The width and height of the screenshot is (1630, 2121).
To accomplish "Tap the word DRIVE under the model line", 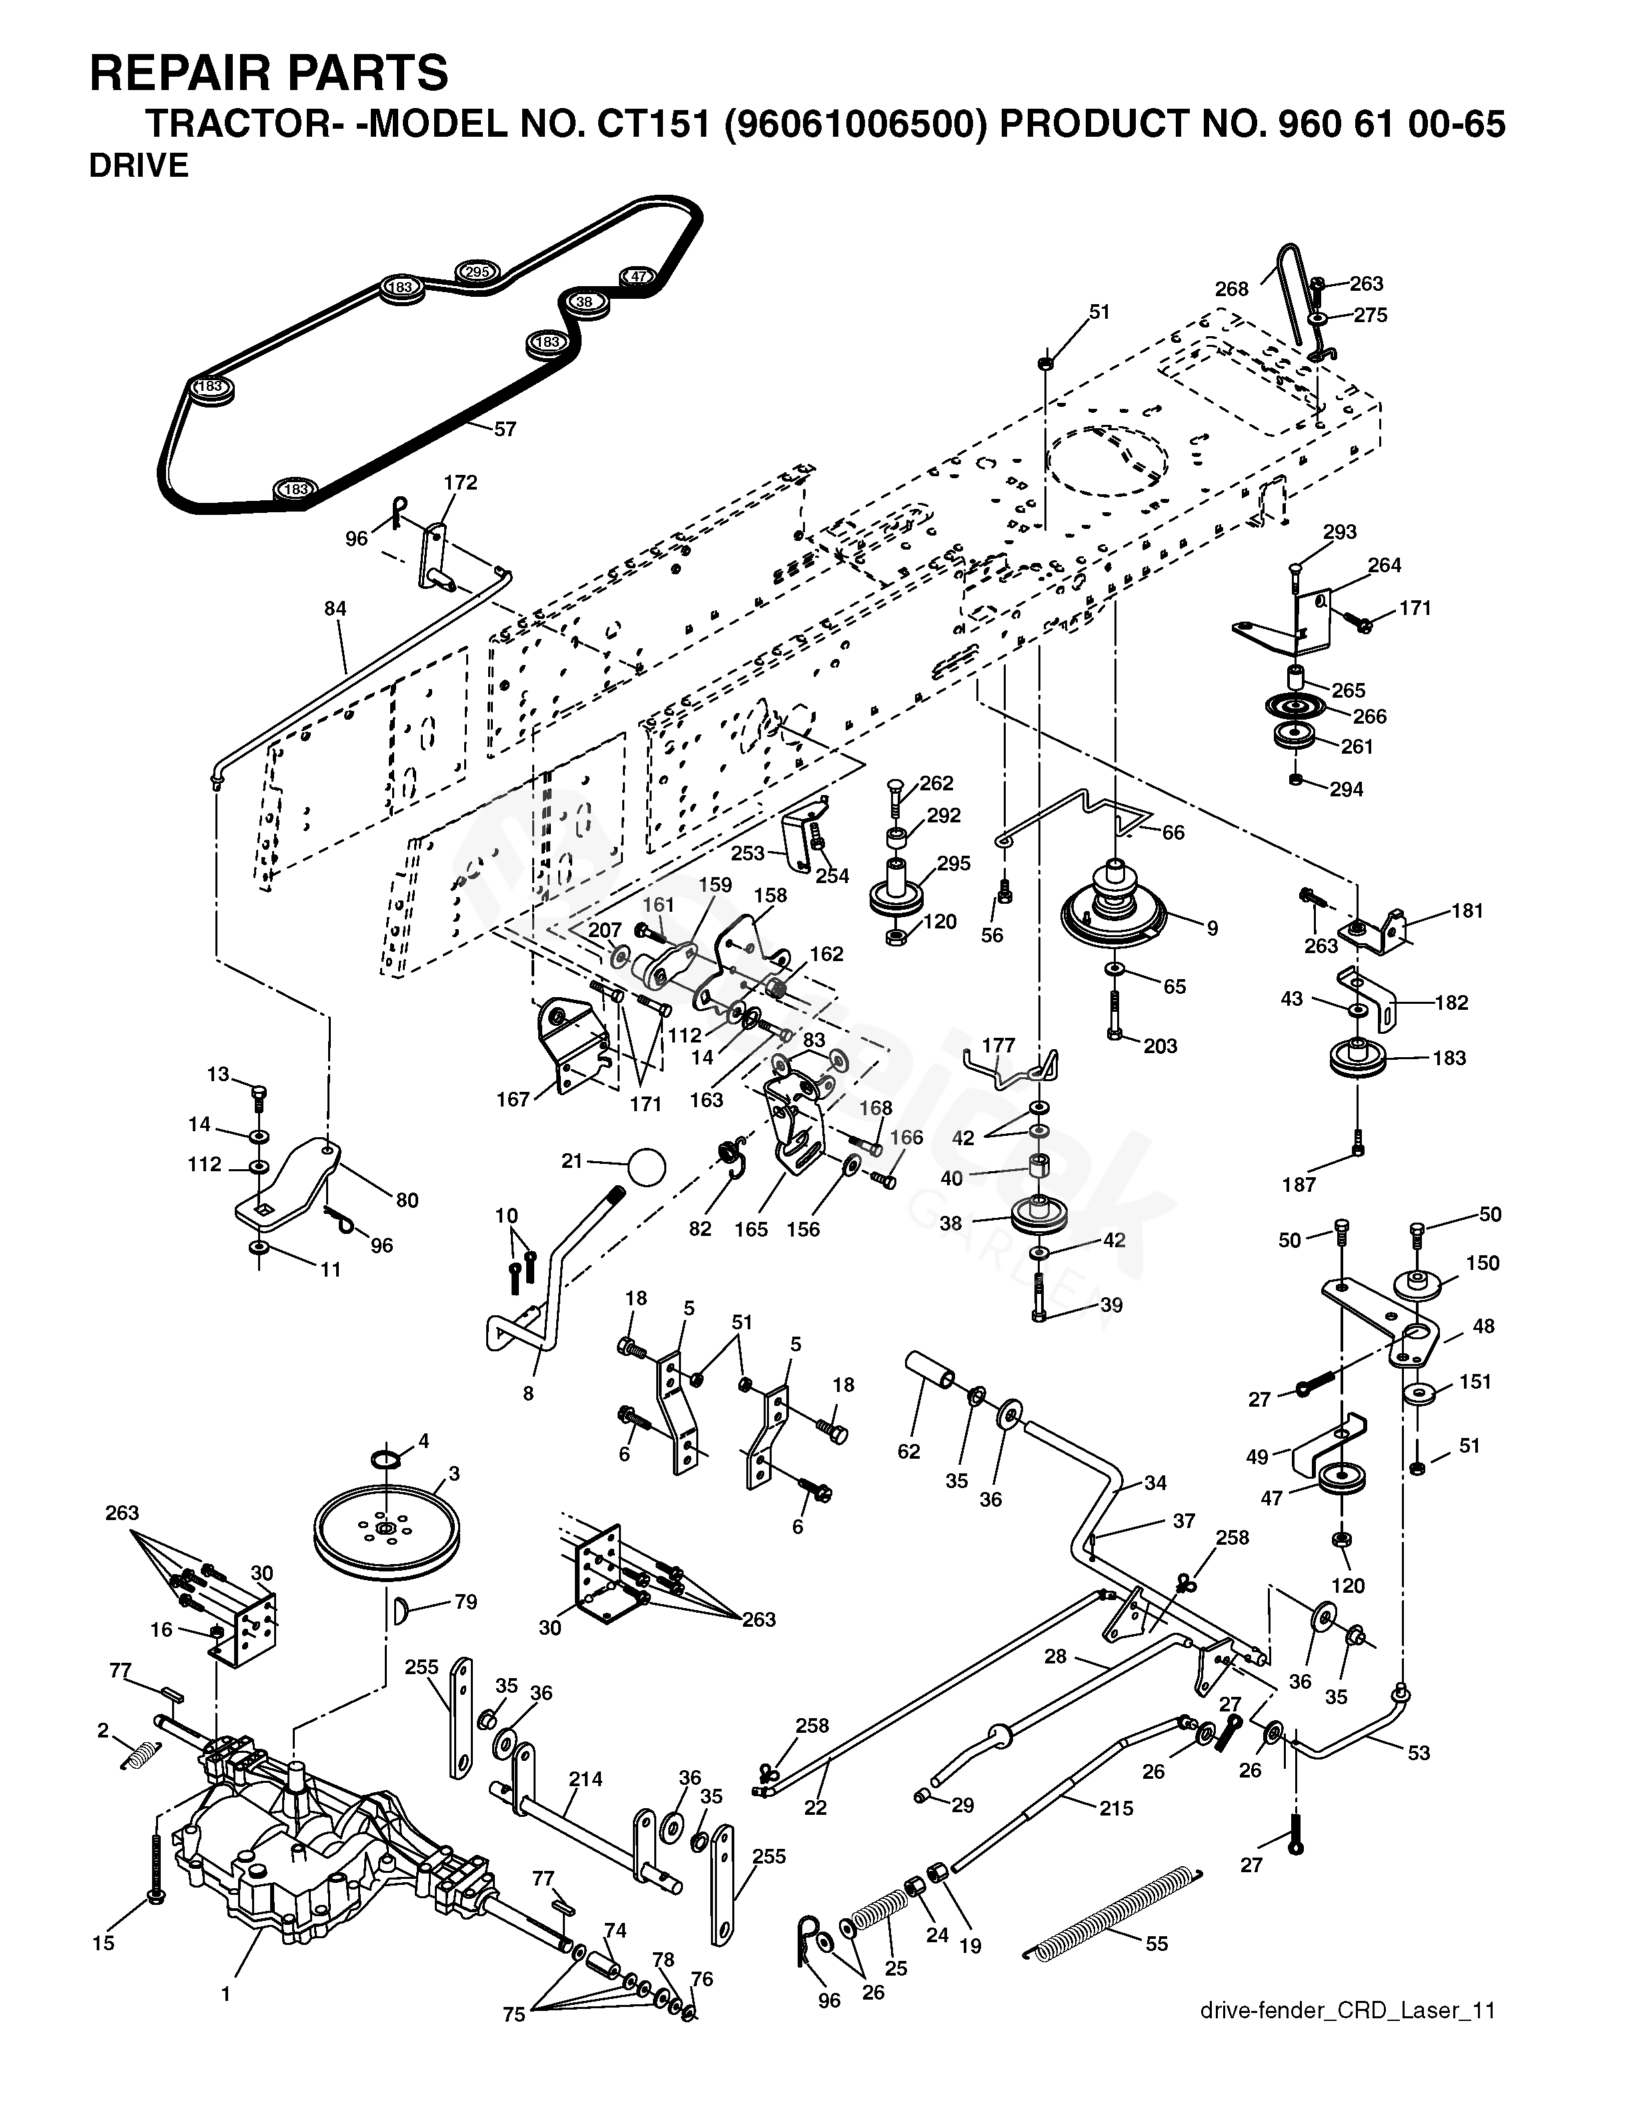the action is [139, 166].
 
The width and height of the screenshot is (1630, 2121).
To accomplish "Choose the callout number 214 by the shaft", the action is [585, 1778].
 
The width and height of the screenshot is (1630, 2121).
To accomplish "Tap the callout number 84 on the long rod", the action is [335, 608].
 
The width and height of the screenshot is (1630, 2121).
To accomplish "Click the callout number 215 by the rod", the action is [1116, 1808].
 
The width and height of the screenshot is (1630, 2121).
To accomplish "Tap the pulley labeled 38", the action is [1039, 1215].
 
